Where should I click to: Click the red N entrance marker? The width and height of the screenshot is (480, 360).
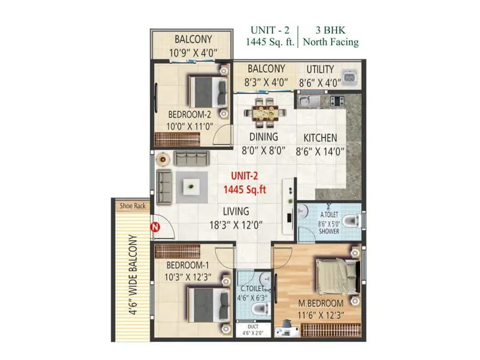tap(154, 227)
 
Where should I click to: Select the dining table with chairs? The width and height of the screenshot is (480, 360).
tap(264, 112)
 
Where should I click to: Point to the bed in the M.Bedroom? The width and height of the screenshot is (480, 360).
tap(337, 277)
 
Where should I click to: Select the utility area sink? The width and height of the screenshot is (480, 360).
tap(349, 80)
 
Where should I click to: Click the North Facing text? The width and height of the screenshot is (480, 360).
tap(331, 42)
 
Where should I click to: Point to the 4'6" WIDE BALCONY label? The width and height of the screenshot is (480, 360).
tap(133, 275)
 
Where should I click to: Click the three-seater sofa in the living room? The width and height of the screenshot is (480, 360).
tap(190, 159)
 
